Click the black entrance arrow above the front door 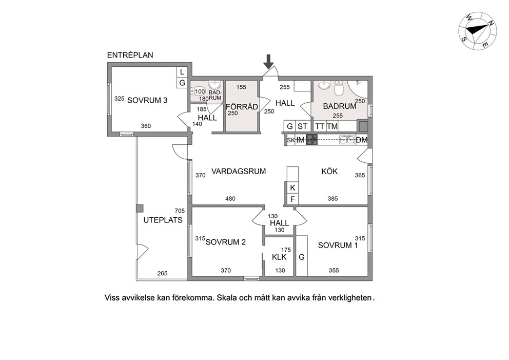click(x=268, y=62)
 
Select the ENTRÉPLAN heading click(x=130, y=55)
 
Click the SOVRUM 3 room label click(x=147, y=100)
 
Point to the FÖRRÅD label click(x=242, y=107)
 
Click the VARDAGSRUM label click(x=239, y=171)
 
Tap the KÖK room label click(x=329, y=171)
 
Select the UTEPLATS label click(x=163, y=220)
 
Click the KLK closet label click(x=279, y=257)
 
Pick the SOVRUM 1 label click(x=338, y=245)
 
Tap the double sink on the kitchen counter click(x=347, y=140)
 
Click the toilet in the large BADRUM click(x=339, y=88)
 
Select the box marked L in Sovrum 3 click(x=182, y=72)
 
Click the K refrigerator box click(x=292, y=188)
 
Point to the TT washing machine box click(x=320, y=126)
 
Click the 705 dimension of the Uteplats click(x=180, y=211)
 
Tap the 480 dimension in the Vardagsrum click(x=230, y=199)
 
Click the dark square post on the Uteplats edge click(x=140, y=209)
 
